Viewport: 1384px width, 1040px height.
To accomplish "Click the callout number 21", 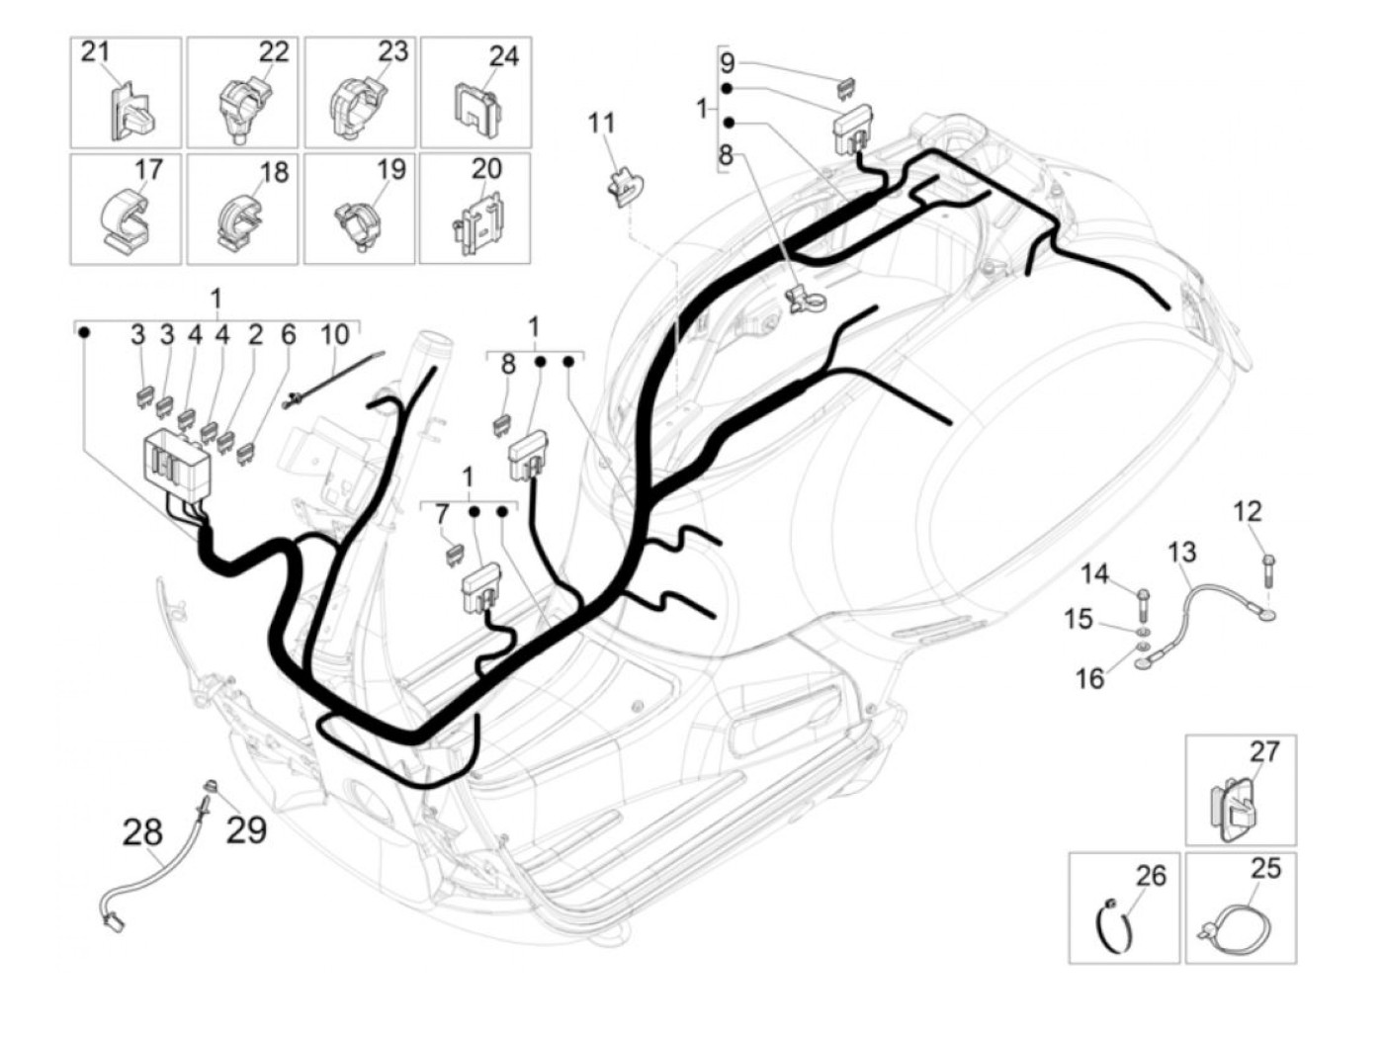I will [x=95, y=50].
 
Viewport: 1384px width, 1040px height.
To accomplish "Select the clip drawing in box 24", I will [x=476, y=108].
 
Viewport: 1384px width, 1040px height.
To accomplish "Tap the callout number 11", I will [x=601, y=124].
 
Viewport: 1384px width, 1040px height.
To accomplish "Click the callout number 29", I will [x=246, y=828].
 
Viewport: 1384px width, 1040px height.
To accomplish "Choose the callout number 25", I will [x=1265, y=868].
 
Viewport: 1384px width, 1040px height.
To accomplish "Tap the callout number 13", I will [x=1181, y=552].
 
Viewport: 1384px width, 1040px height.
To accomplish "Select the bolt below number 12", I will [x=1268, y=570].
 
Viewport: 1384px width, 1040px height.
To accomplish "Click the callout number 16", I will [x=1089, y=678].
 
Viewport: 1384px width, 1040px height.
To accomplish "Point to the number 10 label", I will [x=335, y=334].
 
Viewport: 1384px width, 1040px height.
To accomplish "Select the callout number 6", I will [x=288, y=334].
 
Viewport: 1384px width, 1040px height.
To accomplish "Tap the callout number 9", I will [x=728, y=64].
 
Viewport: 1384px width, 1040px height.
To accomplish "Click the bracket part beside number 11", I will [x=623, y=187].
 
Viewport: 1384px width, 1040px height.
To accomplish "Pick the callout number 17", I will [x=148, y=169].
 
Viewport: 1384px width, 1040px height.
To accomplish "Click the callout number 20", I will [x=486, y=169].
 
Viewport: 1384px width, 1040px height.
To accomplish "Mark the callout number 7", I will [x=441, y=514].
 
